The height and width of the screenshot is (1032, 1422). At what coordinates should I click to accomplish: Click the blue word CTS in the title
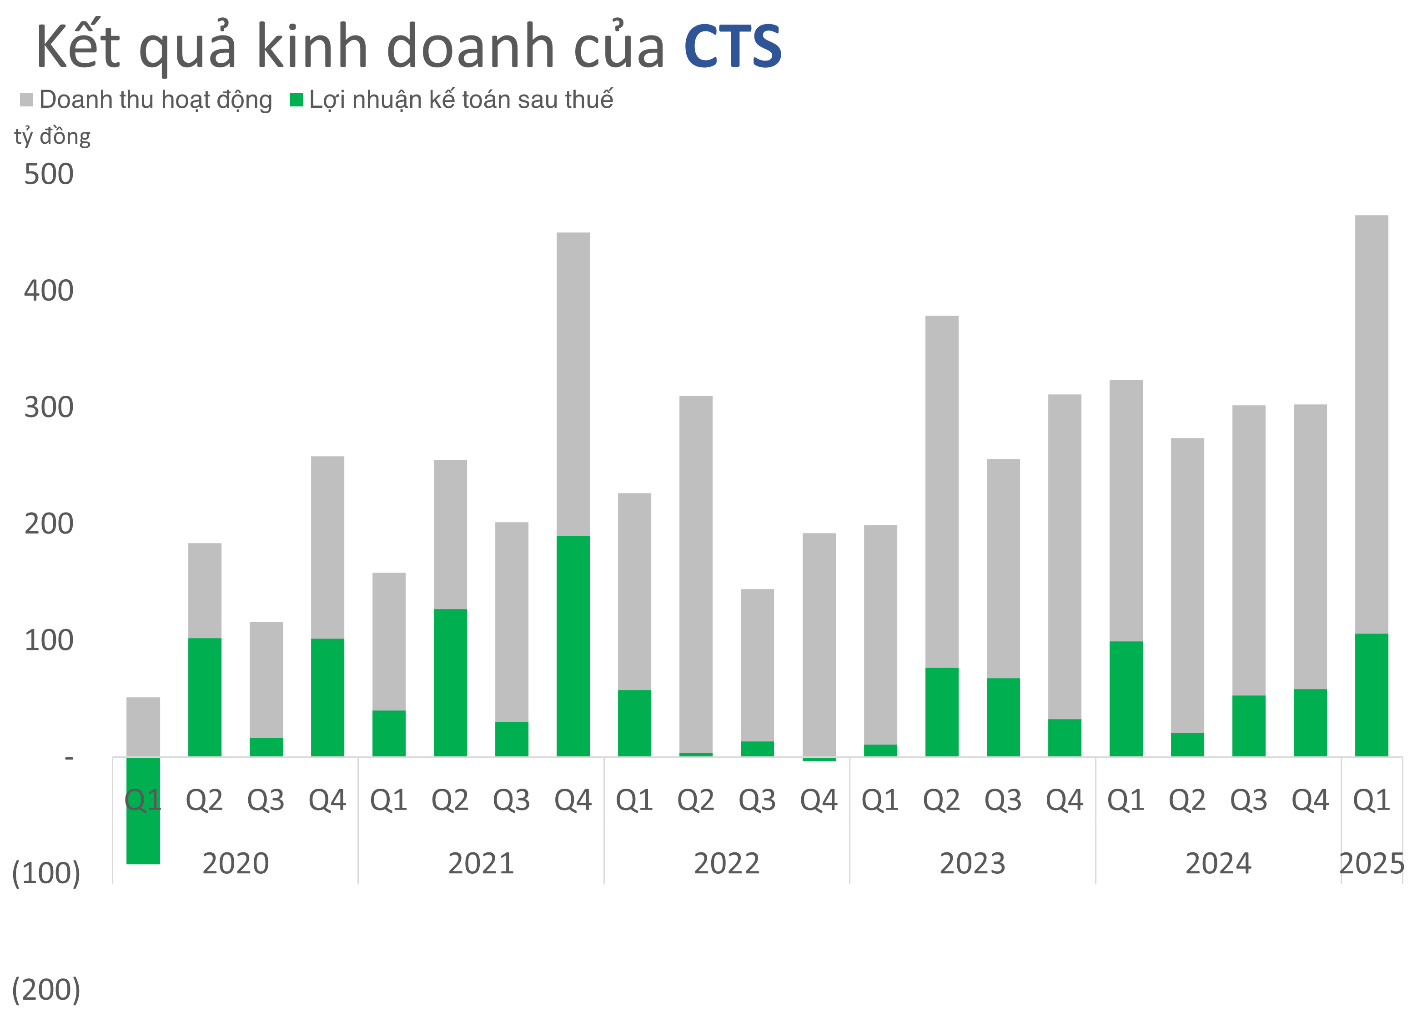tap(732, 46)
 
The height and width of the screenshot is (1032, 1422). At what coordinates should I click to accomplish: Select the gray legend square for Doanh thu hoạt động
tap(26, 100)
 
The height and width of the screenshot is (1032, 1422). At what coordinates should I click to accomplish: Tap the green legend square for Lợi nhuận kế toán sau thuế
tap(296, 100)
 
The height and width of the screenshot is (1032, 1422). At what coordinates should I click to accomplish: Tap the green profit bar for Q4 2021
tap(573, 646)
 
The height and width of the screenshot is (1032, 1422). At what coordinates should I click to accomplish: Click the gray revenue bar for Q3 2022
tap(758, 665)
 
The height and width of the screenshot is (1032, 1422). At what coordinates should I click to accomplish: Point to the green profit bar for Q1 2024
tap(1126, 699)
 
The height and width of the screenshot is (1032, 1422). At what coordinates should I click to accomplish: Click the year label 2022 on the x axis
tap(727, 864)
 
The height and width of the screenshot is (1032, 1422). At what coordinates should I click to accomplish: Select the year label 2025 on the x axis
tap(1371, 864)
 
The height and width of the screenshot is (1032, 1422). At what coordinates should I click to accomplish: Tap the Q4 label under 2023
tap(1065, 800)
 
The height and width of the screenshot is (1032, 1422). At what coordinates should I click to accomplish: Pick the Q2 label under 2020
tap(204, 800)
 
